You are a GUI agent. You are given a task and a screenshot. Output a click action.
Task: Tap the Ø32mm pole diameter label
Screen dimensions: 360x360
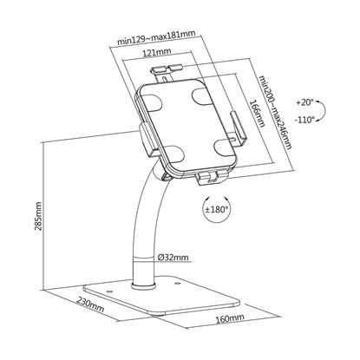pyautogui.click(x=173, y=258)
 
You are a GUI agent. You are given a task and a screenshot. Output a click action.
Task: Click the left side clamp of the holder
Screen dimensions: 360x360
pyautogui.click(x=144, y=139)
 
